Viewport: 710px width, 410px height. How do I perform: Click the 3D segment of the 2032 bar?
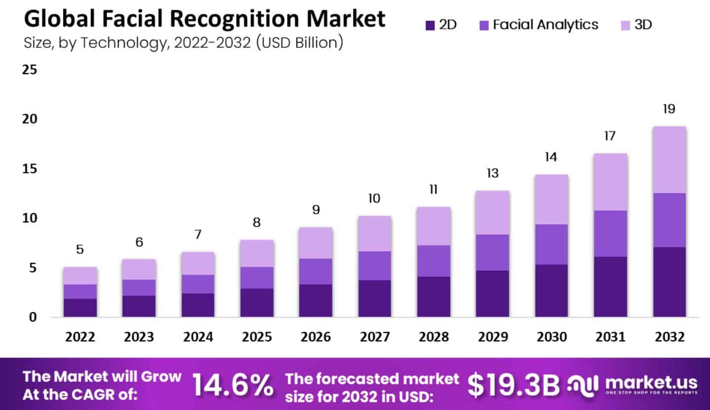pos(669,160)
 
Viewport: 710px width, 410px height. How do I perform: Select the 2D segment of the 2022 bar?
pos(80,307)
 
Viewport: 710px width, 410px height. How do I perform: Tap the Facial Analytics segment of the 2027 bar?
pos(374,265)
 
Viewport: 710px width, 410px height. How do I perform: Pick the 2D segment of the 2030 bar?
pos(551,290)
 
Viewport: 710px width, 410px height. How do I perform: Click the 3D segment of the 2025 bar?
pos(257,253)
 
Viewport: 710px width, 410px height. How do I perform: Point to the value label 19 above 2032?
pos(669,109)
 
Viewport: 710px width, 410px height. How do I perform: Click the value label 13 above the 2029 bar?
pos(492,173)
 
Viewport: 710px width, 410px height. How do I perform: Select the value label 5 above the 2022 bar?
pos(80,249)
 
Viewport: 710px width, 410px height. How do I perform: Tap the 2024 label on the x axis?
pos(198,337)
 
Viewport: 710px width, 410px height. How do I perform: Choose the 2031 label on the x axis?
pos(610,337)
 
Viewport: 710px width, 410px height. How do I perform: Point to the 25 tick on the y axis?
pos(30,70)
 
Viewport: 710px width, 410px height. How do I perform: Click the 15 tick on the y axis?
pos(30,169)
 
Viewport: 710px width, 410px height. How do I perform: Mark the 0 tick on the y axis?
pos(33,317)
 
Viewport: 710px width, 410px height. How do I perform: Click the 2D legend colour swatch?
pos(429,25)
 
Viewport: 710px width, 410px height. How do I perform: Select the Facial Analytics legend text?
pos(545,25)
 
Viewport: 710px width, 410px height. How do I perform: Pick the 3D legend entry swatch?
pos(625,25)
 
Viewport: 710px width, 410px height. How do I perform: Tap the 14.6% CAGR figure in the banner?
pos(232,385)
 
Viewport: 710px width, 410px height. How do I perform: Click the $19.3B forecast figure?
pos(513,385)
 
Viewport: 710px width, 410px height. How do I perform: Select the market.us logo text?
pos(651,383)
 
